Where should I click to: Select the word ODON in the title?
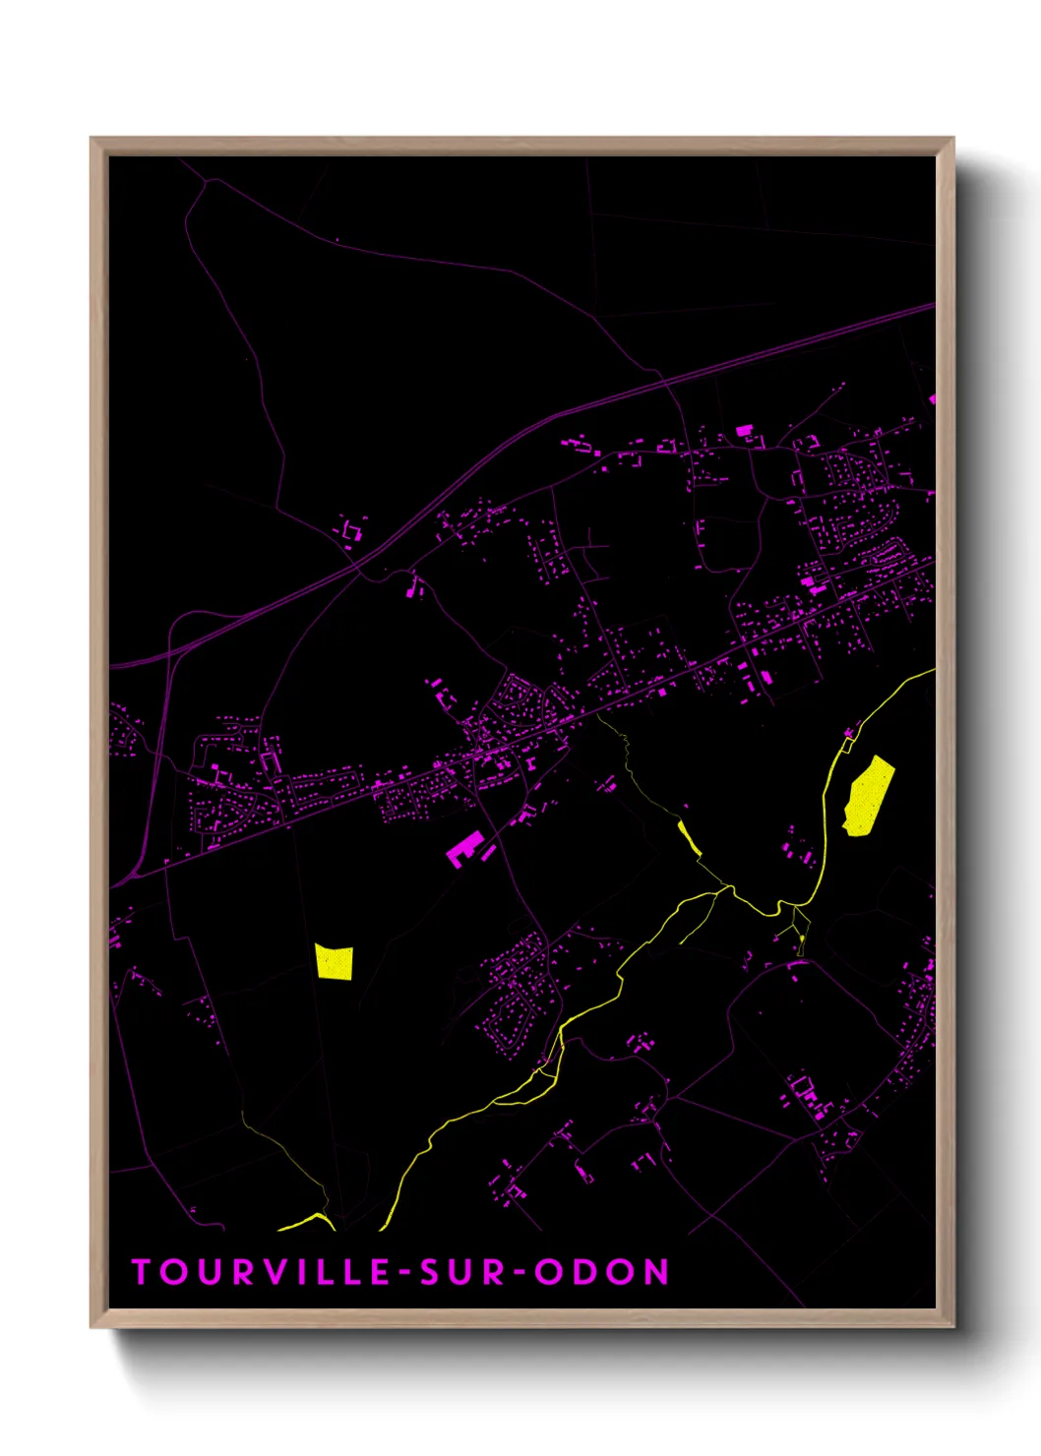click(x=601, y=1272)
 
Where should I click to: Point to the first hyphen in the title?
click(x=405, y=1273)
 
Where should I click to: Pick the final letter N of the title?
click(x=655, y=1272)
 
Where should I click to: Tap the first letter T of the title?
click(x=142, y=1272)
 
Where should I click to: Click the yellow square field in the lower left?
click(x=334, y=961)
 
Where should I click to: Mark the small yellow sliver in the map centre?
click(x=689, y=837)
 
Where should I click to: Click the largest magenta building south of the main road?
click(x=464, y=848)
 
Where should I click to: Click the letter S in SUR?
click(x=430, y=1272)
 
